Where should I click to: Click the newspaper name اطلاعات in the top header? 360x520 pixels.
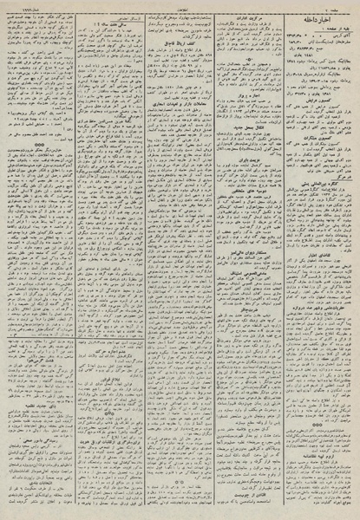(x=180, y=7)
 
